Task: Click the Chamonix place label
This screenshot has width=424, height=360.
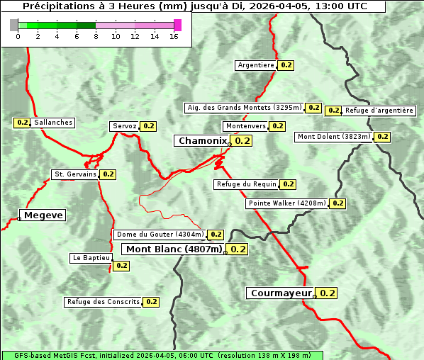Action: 203,141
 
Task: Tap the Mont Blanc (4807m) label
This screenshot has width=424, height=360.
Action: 174,249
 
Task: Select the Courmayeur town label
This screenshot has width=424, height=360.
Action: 281,293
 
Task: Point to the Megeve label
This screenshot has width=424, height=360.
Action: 43,215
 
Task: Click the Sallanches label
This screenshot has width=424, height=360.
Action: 53,123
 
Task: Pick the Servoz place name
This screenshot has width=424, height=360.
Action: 125,126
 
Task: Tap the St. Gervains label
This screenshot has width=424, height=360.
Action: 75,174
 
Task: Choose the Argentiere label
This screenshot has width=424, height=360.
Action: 256,65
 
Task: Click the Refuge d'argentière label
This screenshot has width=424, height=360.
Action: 379,111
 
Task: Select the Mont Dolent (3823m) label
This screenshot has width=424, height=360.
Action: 334,137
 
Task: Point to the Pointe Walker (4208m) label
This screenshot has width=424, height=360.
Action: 287,203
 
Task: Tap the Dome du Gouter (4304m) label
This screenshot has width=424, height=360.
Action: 160,235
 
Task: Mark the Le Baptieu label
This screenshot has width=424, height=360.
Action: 91,258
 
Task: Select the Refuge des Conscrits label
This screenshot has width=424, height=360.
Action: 103,302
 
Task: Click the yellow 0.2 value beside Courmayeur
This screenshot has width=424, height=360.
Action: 327,293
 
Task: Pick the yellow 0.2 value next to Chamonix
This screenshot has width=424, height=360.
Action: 242,141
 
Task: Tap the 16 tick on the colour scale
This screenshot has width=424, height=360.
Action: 174,36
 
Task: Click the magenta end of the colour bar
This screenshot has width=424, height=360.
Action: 177,25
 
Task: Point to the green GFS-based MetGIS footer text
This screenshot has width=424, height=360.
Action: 162,356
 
